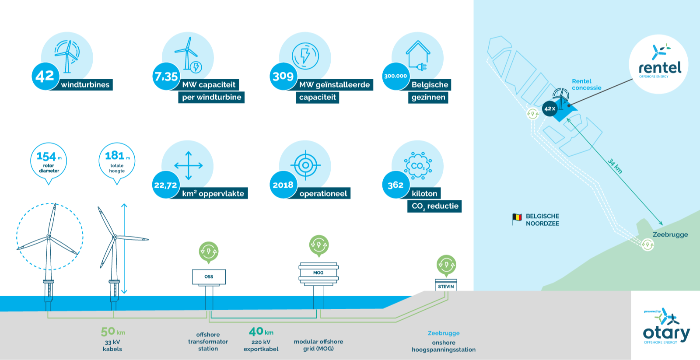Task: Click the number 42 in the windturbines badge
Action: [x=45, y=77]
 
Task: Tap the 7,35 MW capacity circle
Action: [x=166, y=77]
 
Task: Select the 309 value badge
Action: [x=283, y=77]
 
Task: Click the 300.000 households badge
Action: [x=395, y=76]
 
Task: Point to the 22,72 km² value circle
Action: [x=166, y=185]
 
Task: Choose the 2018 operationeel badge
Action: [x=283, y=185]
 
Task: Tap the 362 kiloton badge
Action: [x=395, y=185]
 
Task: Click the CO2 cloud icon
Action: [x=418, y=166]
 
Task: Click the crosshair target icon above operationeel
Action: [x=306, y=165]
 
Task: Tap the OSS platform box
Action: [x=209, y=277]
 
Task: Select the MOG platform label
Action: [x=318, y=273]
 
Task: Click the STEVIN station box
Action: [x=446, y=287]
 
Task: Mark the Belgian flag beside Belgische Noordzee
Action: [x=517, y=218]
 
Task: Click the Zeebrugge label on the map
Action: [x=670, y=234]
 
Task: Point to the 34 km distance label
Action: [x=615, y=166]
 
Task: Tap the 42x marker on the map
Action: [x=549, y=108]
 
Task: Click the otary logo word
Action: [x=666, y=333]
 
